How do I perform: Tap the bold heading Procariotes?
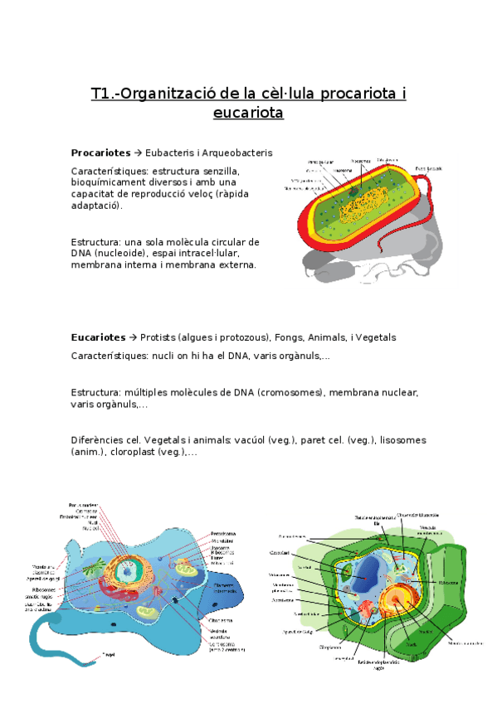pyautogui.click(x=100, y=153)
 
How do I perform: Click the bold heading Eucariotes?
pyautogui.click(x=99, y=337)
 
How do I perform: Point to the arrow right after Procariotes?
pyautogui.click(x=138, y=153)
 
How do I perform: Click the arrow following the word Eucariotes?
pyautogui.click(x=133, y=337)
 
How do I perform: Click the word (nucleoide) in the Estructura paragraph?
pyautogui.click(x=121, y=253)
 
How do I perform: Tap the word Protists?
pyautogui.click(x=158, y=337)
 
